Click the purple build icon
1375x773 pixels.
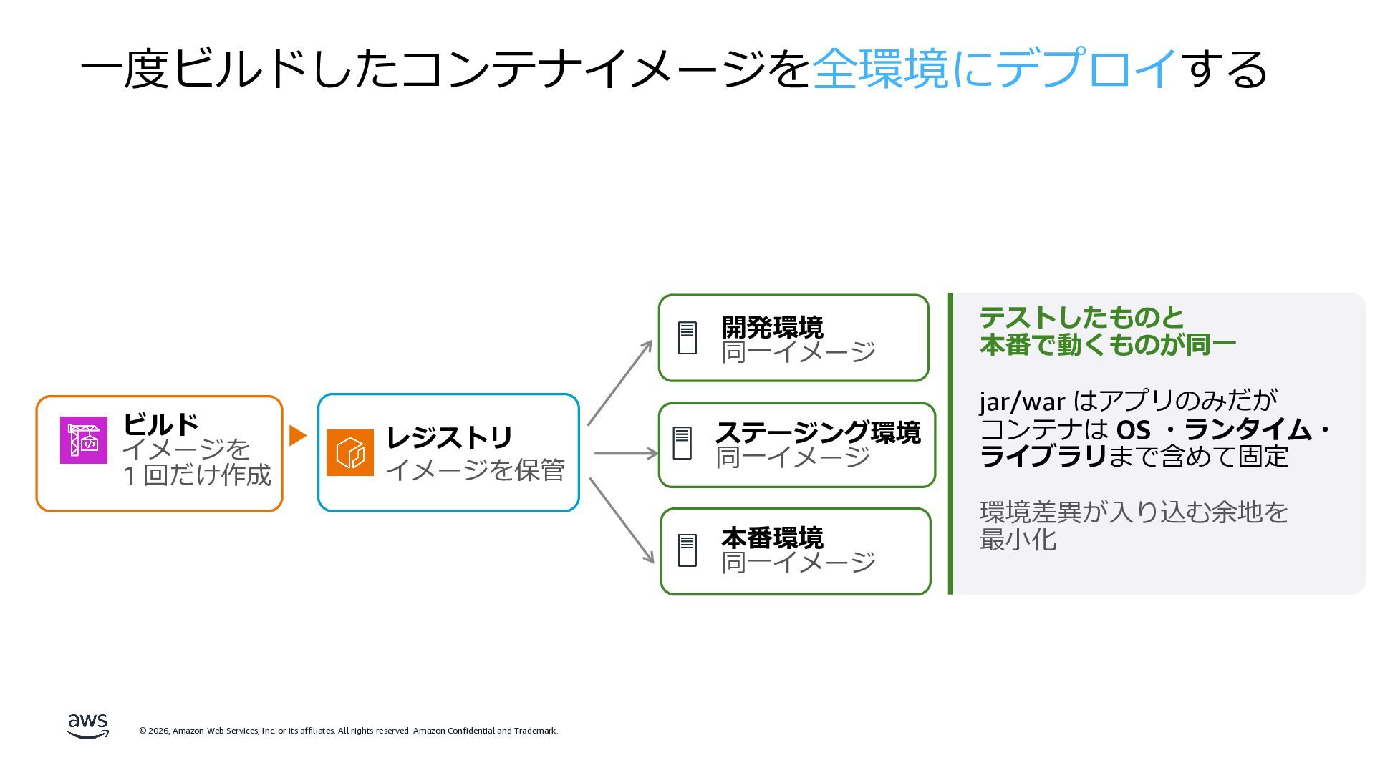[84, 440]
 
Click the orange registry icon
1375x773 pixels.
[350, 452]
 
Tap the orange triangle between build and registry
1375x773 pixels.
[297, 435]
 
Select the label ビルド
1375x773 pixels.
[160, 424]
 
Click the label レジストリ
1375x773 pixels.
[449, 437]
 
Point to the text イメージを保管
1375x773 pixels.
[475, 470]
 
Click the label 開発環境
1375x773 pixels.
[772, 327]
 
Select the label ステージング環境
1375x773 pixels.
[818, 432]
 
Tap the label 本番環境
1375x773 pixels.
[772, 537]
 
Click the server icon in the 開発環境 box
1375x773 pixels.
[687, 338]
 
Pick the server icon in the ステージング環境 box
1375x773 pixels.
[682, 443]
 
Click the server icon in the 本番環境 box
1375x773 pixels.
[687, 550]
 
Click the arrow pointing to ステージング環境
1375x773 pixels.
[626, 453]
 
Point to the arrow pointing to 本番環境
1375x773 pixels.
[621, 520]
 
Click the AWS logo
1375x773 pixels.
[88, 726]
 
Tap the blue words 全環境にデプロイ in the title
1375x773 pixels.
[995, 69]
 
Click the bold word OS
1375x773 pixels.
[1133, 429]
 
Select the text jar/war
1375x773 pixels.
[1022, 402]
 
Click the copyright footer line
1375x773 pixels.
[348, 731]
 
